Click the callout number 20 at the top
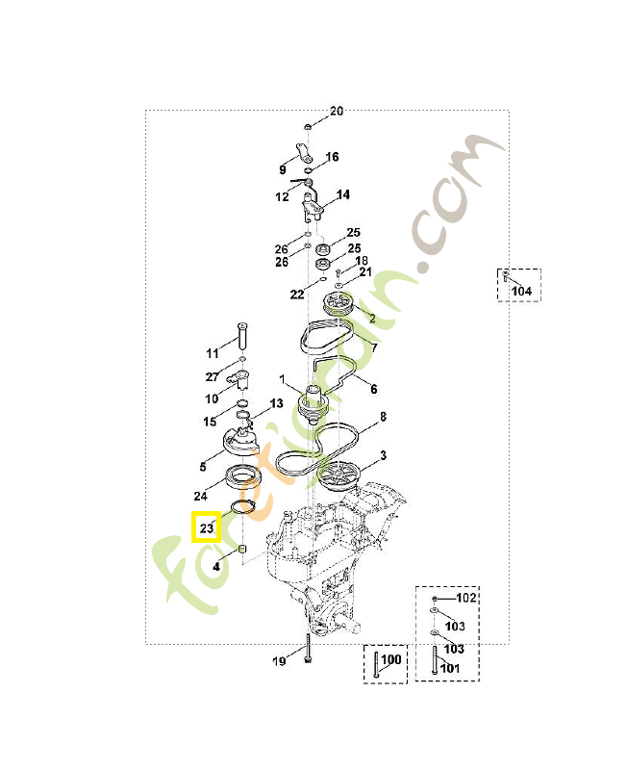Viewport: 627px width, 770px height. click(x=336, y=112)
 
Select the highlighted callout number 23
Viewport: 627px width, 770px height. click(x=206, y=527)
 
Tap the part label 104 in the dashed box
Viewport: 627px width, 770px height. click(x=520, y=291)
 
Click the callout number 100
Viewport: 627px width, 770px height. click(x=390, y=660)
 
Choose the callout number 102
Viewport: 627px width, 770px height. click(x=465, y=598)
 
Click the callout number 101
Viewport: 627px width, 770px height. click(x=450, y=668)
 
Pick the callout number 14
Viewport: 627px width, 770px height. click(x=342, y=194)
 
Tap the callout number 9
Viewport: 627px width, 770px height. click(x=283, y=170)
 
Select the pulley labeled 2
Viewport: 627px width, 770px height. click(x=339, y=307)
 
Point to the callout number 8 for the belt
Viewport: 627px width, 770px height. click(x=383, y=417)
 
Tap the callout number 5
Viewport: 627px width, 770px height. click(x=203, y=467)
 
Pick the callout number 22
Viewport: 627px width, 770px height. click(x=297, y=295)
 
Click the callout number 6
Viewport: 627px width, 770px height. click(x=373, y=390)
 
